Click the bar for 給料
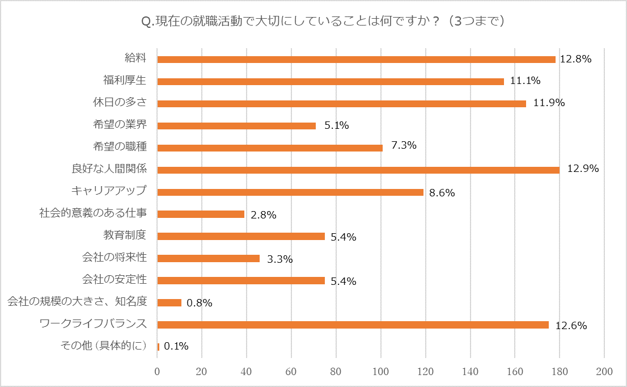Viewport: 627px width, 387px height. (x=356, y=60)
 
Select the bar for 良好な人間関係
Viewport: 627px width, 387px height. (x=358, y=170)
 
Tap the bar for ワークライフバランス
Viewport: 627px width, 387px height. (x=353, y=325)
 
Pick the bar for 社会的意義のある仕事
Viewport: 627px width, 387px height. (x=201, y=214)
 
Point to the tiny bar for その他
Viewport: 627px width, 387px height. (x=158, y=347)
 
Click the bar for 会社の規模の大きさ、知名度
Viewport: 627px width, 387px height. (x=169, y=302)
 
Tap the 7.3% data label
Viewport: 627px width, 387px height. (x=404, y=145)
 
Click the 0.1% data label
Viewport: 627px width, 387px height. (x=176, y=346)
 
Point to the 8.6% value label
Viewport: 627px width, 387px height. (x=442, y=193)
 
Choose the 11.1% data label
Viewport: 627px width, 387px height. (x=525, y=81)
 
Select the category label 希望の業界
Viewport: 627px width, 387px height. (x=121, y=124)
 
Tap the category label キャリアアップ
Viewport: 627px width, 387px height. (x=109, y=191)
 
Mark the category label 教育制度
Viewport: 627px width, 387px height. (x=125, y=235)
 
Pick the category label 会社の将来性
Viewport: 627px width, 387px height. (x=115, y=257)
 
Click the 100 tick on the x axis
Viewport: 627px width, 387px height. (x=381, y=371)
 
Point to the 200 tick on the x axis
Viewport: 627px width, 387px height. (x=604, y=371)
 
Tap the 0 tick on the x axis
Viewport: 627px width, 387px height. (x=158, y=371)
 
